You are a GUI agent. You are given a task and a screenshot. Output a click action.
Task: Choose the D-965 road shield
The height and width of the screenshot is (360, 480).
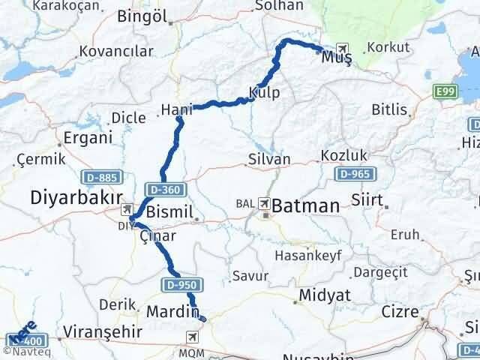352,174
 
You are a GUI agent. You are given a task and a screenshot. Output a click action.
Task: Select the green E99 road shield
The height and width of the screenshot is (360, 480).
445,91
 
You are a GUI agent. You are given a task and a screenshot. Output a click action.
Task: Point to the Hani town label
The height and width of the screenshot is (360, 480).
173,111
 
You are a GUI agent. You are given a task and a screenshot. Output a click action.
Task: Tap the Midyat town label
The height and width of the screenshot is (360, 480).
324,295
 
